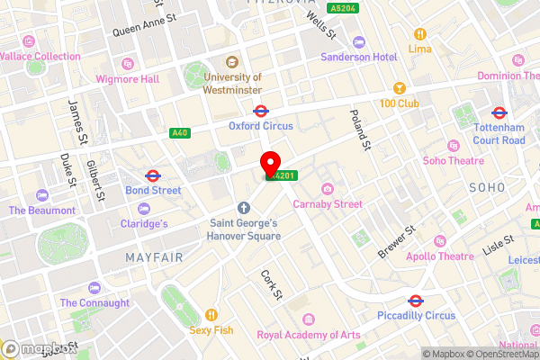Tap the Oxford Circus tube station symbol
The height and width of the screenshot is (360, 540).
(260, 112)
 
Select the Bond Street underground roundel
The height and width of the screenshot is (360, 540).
(152, 175)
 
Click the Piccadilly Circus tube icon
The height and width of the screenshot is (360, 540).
(416, 301)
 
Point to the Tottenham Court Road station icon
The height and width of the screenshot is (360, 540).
(498, 113)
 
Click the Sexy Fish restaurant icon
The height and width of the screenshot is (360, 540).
(211, 315)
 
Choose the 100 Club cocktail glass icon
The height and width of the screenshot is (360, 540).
(398, 89)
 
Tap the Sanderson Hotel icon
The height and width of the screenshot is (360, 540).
(359, 41)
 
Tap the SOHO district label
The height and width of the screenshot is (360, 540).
(487, 186)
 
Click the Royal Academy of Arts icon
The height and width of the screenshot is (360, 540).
(309, 319)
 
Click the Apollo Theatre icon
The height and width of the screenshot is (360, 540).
(439, 241)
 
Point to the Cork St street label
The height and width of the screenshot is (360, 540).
(272, 283)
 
